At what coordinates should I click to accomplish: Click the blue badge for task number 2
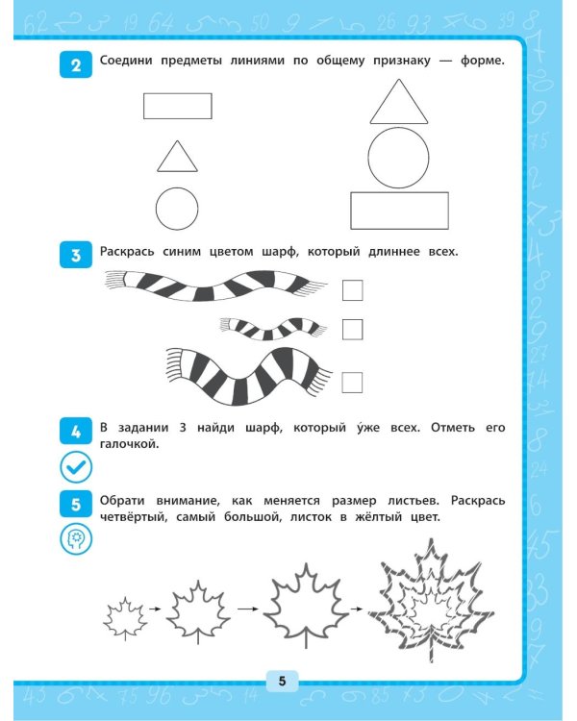tap(76, 64)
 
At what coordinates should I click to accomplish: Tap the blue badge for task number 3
tap(76, 255)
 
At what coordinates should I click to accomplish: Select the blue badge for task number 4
tap(76, 432)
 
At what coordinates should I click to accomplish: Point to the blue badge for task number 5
tap(76, 504)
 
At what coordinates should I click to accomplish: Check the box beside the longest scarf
tap(353, 290)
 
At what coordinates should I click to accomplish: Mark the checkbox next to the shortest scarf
tap(353, 330)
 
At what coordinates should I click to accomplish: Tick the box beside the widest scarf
tap(352, 383)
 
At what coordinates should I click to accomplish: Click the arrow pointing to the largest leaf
tap(357, 609)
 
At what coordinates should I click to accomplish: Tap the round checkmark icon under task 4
tap(76, 466)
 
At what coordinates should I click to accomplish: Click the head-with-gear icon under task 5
tap(76, 539)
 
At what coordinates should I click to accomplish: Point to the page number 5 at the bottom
tap(282, 681)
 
